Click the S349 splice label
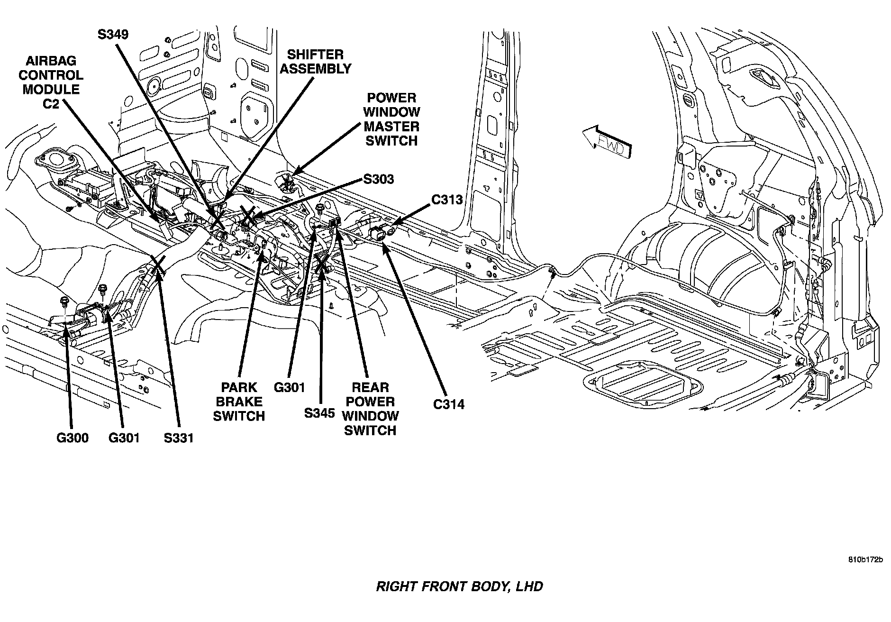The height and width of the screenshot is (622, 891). point(113,35)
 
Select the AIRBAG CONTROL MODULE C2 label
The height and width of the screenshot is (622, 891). point(51,82)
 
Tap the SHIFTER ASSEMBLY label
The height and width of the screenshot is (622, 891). point(315,62)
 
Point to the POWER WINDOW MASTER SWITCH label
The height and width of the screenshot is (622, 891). point(391,119)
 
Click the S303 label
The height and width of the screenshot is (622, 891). point(378,180)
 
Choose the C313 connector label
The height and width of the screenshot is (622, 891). point(446,200)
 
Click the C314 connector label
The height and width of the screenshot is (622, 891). point(449,404)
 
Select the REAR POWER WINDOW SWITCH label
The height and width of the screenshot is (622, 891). point(370,409)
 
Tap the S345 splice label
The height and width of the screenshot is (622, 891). point(319,413)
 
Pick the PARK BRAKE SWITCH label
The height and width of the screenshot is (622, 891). point(238,402)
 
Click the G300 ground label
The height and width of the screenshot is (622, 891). point(73,438)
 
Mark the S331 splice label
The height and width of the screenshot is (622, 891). point(179,438)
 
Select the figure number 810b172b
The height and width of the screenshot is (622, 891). point(865,560)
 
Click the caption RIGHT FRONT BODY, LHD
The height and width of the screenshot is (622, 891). point(459,586)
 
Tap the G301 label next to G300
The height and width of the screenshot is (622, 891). point(124,438)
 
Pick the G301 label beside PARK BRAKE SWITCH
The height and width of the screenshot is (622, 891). point(289,388)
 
